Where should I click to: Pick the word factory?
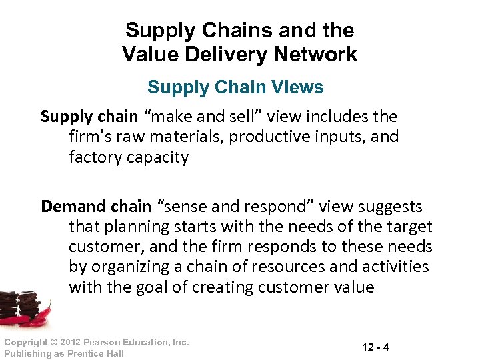(95, 158)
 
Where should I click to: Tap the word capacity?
(156, 158)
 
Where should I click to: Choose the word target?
(409, 227)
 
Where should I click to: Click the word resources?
(294, 267)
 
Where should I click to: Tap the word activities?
(396, 267)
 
